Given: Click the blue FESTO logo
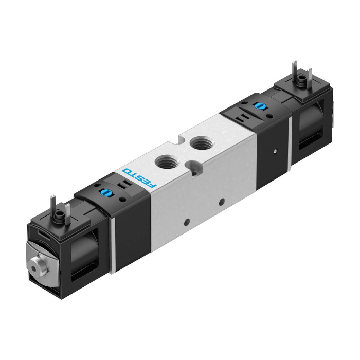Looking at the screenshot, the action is [139, 179].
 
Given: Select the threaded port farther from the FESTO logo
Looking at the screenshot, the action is [200, 142].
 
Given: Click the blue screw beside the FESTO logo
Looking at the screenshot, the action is [105, 192].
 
